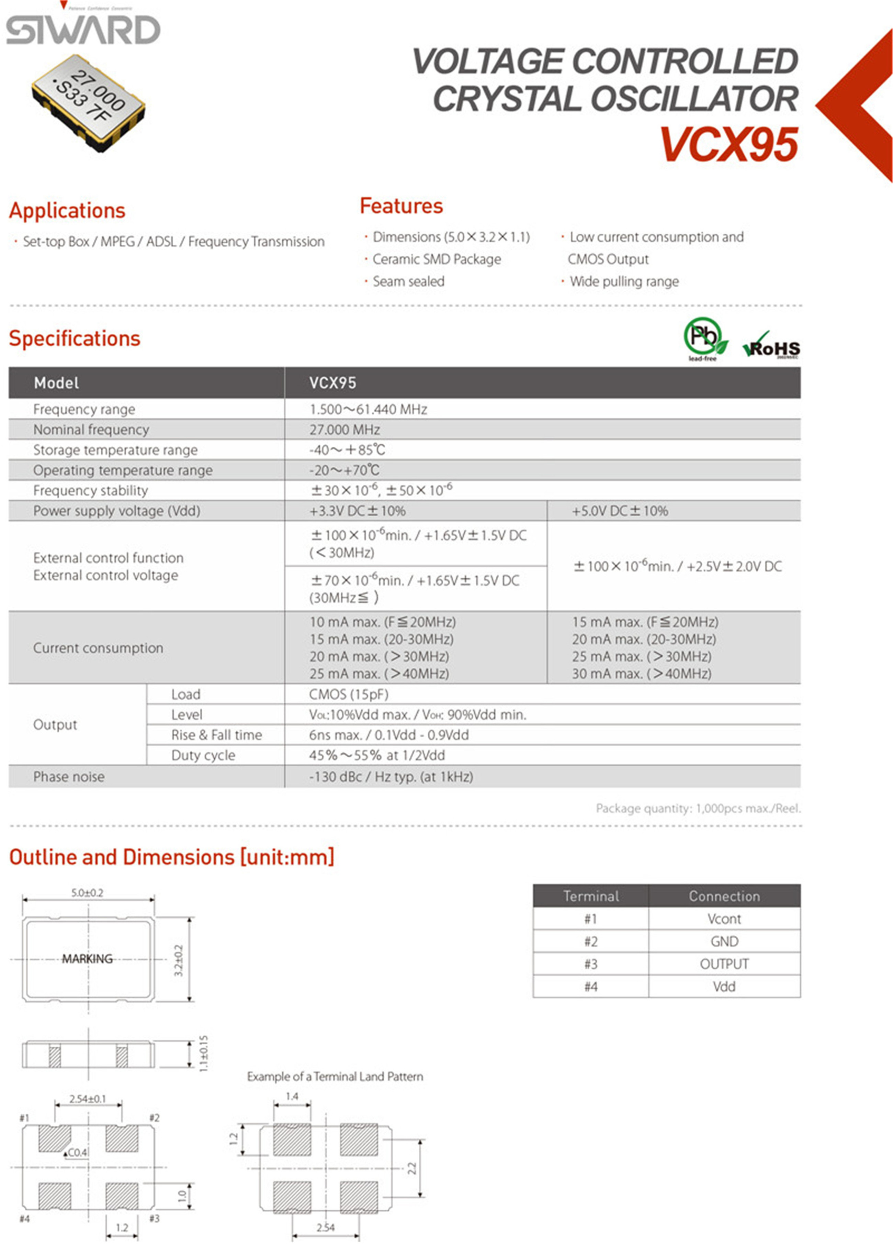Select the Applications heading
tap(67, 211)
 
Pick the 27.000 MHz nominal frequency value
tap(344, 430)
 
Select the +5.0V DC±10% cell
tap(620, 511)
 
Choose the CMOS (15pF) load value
tap(348, 695)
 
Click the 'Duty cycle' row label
tap(203, 755)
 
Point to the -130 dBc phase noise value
tap(390, 777)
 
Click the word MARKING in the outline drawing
tap(87, 959)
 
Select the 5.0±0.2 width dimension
tap(87, 893)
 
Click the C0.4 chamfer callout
tap(77, 1153)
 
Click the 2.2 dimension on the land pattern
tap(412, 1168)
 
